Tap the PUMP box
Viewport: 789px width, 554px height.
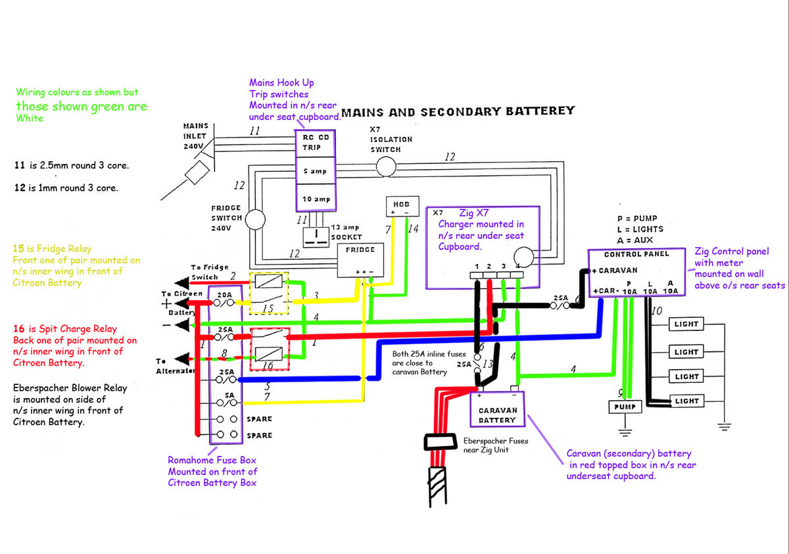625,407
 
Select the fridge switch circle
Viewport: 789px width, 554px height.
255,220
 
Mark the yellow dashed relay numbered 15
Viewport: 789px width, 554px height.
270,293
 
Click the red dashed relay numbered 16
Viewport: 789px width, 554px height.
270,345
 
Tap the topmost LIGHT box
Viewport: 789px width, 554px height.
686,324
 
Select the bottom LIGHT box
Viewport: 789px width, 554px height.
686,401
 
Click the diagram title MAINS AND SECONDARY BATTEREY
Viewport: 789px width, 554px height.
458,111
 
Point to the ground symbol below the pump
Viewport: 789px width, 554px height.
625,432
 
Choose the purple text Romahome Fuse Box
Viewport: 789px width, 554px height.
212,460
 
